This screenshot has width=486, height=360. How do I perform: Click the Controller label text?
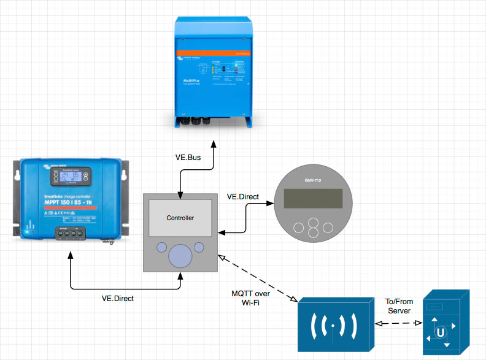coord(180,218)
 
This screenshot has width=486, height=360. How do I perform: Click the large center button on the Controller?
coord(180,254)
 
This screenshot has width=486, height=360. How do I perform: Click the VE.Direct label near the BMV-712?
coord(243,197)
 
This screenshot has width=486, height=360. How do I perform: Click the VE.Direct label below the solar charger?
coord(117,299)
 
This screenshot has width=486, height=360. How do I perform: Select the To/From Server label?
coord(398,307)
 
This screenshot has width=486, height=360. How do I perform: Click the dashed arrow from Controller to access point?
coord(258,277)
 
